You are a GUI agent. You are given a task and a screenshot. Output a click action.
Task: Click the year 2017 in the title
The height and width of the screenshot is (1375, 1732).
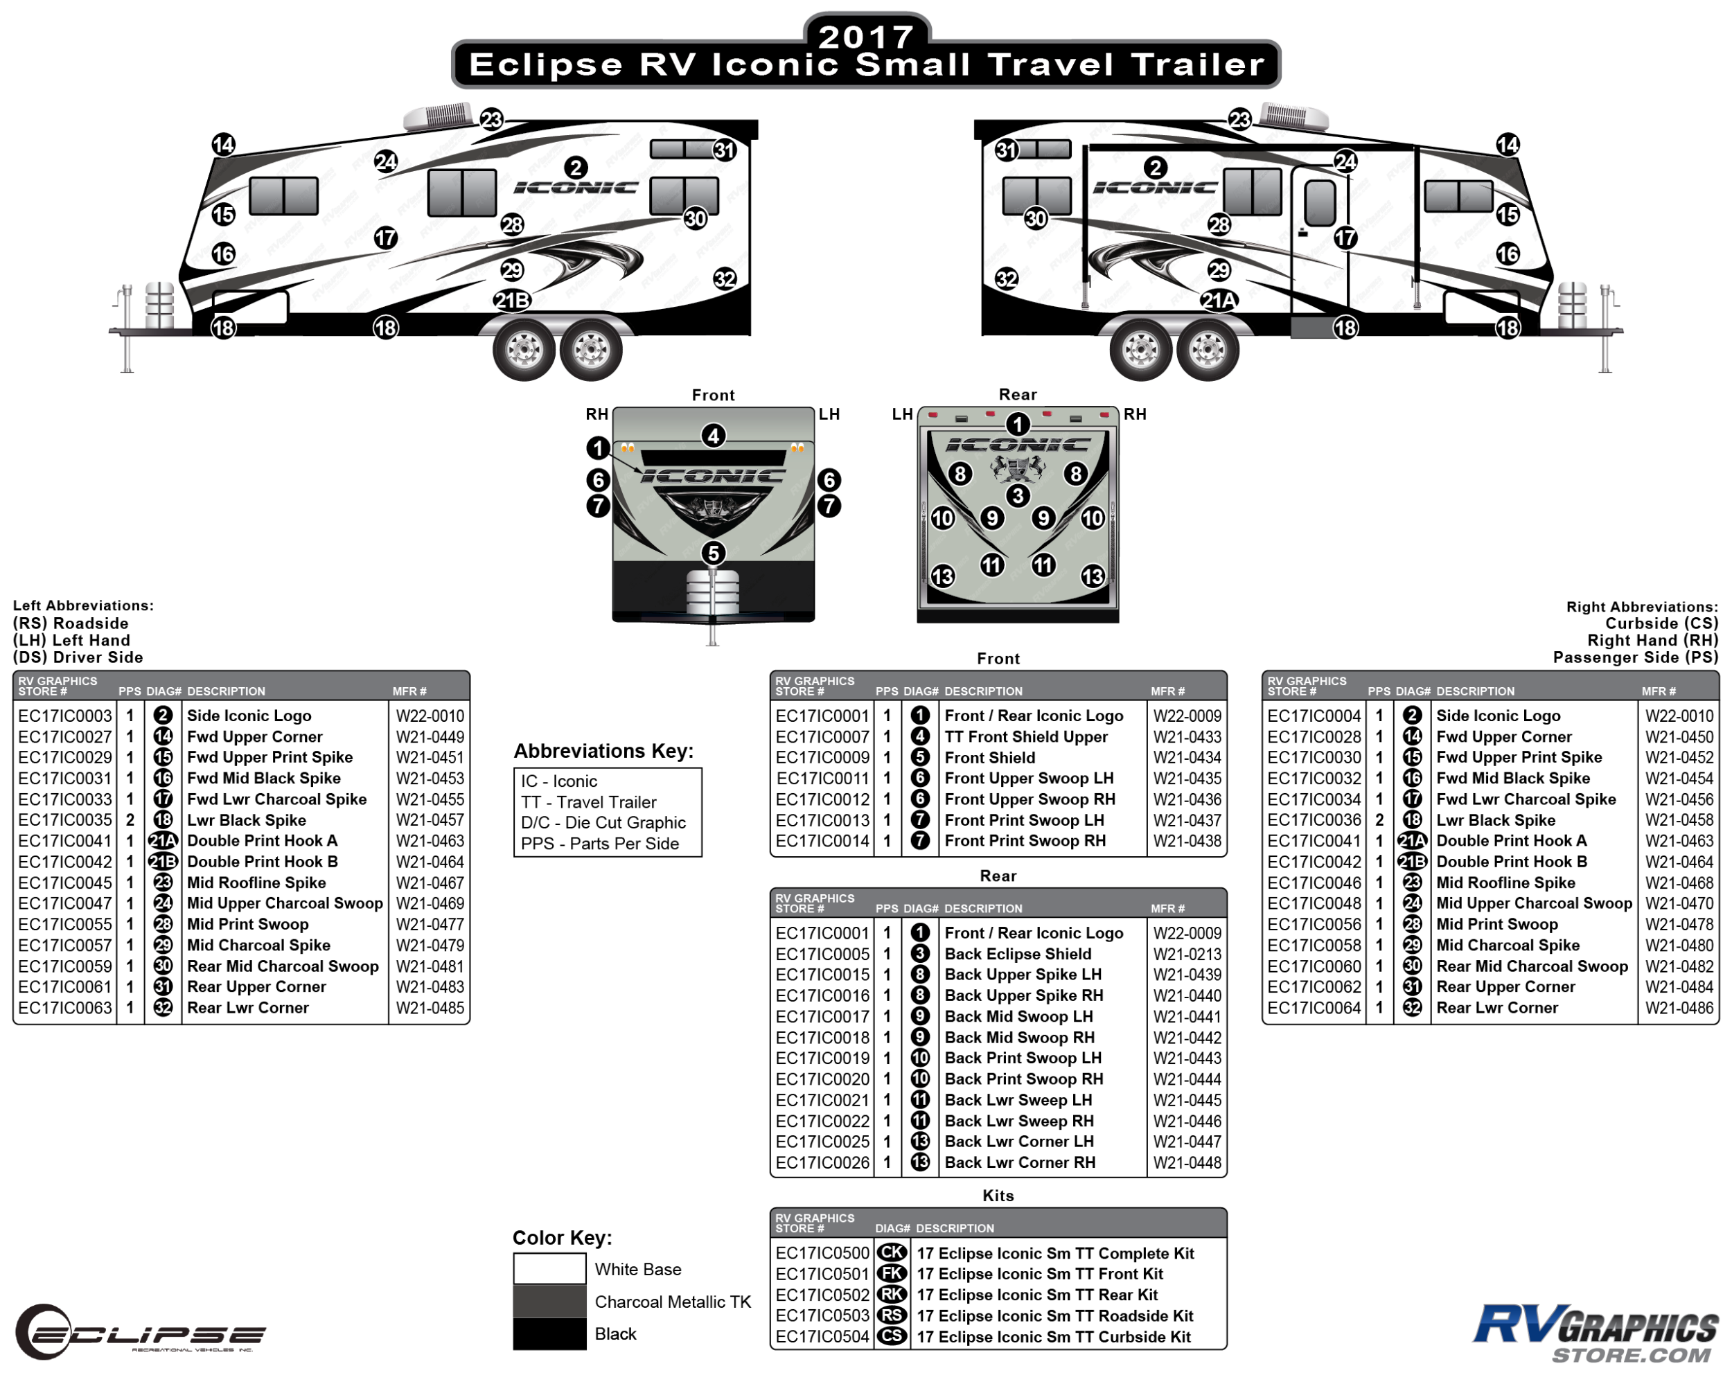click(865, 35)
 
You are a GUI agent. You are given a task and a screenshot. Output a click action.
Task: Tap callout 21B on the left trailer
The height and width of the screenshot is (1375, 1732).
click(512, 301)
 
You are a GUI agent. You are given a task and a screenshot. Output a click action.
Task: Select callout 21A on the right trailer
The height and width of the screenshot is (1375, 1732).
click(1218, 301)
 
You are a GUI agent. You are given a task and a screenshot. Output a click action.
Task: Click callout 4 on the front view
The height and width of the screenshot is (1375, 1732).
click(713, 436)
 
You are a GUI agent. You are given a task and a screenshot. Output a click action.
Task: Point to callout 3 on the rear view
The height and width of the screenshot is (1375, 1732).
click(1018, 495)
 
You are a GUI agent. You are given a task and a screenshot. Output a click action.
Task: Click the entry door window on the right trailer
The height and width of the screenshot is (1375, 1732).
click(1320, 202)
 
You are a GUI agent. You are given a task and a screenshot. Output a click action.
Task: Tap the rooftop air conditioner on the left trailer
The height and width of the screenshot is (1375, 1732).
click(438, 116)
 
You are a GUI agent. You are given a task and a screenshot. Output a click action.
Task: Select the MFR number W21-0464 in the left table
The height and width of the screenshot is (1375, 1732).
click(430, 862)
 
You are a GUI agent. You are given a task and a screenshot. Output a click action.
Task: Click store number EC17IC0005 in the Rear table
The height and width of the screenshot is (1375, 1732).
click(822, 954)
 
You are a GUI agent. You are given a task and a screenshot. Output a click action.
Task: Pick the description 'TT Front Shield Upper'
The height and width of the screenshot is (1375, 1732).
click(1026, 736)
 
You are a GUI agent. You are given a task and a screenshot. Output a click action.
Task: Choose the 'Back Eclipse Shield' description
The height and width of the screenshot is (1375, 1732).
click(1018, 954)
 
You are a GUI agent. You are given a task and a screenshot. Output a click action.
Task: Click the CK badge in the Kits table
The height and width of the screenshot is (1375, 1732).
click(892, 1253)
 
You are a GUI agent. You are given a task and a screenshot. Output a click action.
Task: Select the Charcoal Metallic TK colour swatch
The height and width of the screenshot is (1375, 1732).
click(549, 1301)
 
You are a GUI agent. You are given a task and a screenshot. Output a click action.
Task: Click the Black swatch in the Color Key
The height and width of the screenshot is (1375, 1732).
click(549, 1333)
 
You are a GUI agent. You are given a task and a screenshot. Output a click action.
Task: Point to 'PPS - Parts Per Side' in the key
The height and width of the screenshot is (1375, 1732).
click(599, 843)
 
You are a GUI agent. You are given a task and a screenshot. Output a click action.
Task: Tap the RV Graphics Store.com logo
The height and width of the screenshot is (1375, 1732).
click(1594, 1333)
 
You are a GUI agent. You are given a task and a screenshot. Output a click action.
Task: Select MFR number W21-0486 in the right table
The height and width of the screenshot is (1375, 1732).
click(1678, 1008)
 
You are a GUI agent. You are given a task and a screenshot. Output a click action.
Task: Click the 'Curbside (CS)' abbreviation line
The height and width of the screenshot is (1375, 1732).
click(1661, 623)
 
